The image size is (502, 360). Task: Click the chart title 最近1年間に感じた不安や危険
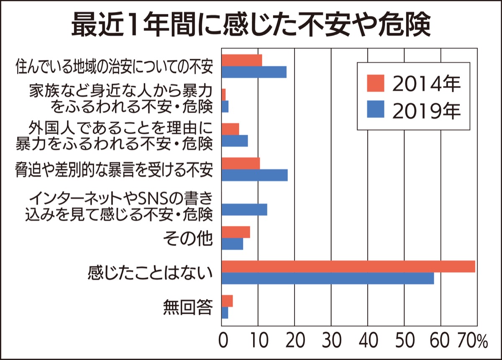[x=251, y=26]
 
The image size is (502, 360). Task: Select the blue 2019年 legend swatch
[x=376, y=110]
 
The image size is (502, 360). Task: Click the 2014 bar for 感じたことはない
[x=348, y=266]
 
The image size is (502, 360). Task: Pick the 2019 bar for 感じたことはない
[x=328, y=278]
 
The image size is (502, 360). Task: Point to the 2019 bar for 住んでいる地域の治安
[x=254, y=72]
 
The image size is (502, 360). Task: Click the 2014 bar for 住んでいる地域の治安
[x=242, y=60]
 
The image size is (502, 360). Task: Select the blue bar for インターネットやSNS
[x=244, y=209]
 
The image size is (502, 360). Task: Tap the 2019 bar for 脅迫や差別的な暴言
[x=254, y=175]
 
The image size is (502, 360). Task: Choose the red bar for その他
[x=236, y=232]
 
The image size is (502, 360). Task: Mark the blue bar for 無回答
[x=225, y=313]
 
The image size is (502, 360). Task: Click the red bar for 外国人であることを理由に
[x=230, y=129]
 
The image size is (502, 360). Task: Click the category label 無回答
[x=188, y=308]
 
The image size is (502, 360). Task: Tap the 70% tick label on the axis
[x=473, y=341]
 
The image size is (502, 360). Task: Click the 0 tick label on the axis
[x=222, y=341]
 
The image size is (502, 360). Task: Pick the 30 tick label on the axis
[x=331, y=341]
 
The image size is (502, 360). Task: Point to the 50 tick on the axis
[x=404, y=341]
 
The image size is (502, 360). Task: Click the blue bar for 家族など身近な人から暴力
[x=225, y=106]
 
